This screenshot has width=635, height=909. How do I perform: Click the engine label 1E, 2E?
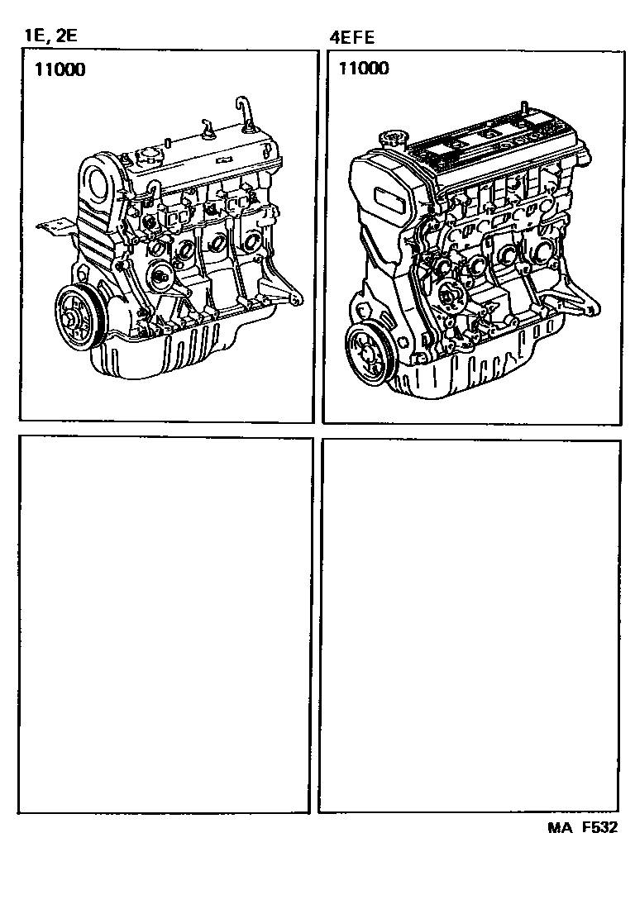pos(50,36)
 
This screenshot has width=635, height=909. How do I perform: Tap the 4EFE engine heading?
pos(352,38)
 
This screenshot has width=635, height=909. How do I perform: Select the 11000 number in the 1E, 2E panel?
pos(60,69)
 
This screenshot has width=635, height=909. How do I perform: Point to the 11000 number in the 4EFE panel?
pos(364,69)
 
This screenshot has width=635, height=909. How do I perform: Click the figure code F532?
pos(600,827)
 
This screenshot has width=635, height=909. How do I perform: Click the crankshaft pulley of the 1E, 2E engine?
pos(79,319)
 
